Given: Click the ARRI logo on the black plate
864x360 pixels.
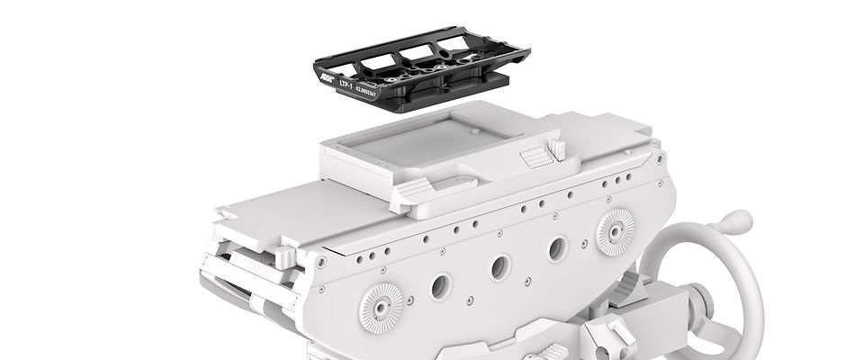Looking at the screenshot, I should point(323,79).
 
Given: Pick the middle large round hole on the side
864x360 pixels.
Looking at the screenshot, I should point(499,266).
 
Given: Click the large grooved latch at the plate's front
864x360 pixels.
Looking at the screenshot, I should point(412,190).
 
